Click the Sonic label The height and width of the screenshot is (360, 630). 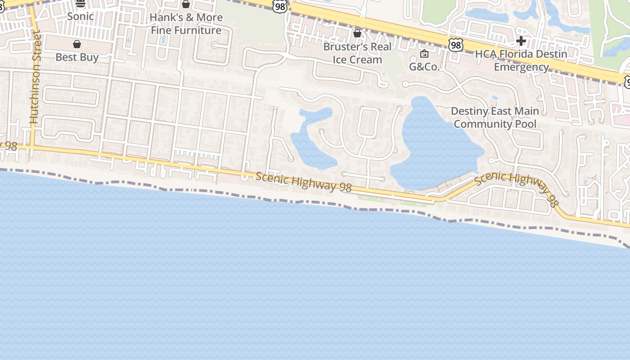click(x=81, y=17)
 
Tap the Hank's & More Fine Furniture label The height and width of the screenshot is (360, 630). click(x=186, y=24)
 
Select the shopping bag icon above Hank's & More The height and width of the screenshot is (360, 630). click(x=186, y=4)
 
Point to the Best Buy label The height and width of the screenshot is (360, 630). click(x=77, y=57)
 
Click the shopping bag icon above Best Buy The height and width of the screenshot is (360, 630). click(x=77, y=44)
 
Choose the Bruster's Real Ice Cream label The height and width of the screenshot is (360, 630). click(x=357, y=53)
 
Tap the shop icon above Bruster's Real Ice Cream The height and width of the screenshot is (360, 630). click(x=357, y=33)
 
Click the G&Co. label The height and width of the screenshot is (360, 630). click(x=424, y=67)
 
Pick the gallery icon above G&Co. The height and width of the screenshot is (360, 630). click(x=424, y=54)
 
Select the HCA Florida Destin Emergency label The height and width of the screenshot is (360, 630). click(x=521, y=60)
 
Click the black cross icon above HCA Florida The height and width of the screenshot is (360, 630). click(x=521, y=41)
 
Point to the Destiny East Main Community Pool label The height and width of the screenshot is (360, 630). click(x=495, y=117)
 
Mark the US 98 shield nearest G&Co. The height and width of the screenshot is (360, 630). click(x=455, y=45)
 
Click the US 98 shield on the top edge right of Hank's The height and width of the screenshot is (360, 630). click(x=279, y=6)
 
